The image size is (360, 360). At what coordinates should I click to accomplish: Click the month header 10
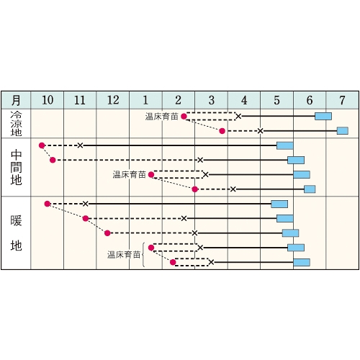(48, 100)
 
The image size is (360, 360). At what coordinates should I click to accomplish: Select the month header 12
(113, 100)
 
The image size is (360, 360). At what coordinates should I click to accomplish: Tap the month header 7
(342, 100)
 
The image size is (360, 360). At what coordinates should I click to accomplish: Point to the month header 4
(244, 100)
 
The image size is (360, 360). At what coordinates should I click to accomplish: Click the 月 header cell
(16, 100)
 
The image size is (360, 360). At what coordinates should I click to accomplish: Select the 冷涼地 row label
(16, 124)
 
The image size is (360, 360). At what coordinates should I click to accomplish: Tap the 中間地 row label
(16, 167)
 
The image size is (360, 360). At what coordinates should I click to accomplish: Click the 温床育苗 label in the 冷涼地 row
(161, 117)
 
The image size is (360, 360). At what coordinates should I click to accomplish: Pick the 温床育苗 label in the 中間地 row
(129, 174)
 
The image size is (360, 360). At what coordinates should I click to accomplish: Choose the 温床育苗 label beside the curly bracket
(124, 255)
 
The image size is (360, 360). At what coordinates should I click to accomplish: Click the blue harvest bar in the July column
(343, 131)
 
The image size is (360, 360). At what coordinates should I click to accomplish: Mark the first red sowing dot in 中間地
(42, 145)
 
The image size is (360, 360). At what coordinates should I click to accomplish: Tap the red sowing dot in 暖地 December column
(107, 233)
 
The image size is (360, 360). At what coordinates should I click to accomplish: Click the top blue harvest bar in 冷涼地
(323, 117)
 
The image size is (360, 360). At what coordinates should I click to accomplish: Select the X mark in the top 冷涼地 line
(238, 117)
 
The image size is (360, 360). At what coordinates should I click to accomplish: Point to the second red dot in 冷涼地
(222, 131)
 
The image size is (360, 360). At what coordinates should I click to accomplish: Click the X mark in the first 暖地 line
(86, 204)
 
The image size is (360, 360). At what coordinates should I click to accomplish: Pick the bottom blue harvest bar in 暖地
(302, 262)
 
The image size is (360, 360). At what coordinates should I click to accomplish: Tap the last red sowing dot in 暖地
(173, 262)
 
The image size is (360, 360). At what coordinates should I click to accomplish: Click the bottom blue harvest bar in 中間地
(310, 189)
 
